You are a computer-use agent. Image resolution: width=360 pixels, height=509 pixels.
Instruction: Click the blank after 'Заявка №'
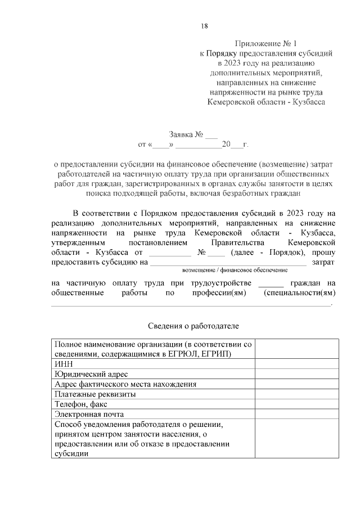click(x=211, y=136)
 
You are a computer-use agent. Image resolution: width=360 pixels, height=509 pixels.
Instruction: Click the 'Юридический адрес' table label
click(x=91, y=374)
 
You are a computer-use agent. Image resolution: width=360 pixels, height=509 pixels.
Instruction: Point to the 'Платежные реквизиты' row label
click(x=96, y=394)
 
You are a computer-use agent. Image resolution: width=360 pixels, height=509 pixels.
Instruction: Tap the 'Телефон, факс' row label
click(x=81, y=404)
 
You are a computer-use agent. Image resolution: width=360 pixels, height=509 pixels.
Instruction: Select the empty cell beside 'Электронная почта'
click(x=297, y=415)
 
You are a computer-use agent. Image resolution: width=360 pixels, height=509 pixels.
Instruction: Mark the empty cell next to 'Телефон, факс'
click(x=297, y=404)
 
